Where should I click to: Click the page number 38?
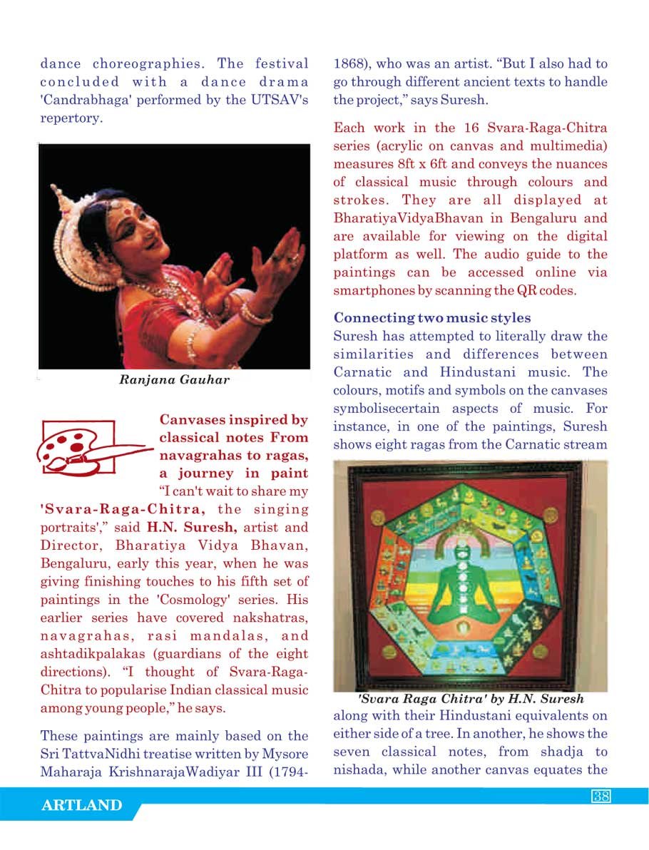pos(601,797)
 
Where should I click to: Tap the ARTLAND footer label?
pos(82,806)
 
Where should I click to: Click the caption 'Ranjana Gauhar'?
pos(174,380)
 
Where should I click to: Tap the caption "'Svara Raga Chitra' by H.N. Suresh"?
pos(471,699)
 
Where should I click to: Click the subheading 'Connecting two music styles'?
pos(432,317)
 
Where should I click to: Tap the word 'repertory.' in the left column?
pos(72,118)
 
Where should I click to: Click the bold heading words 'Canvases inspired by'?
pos(233,420)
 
